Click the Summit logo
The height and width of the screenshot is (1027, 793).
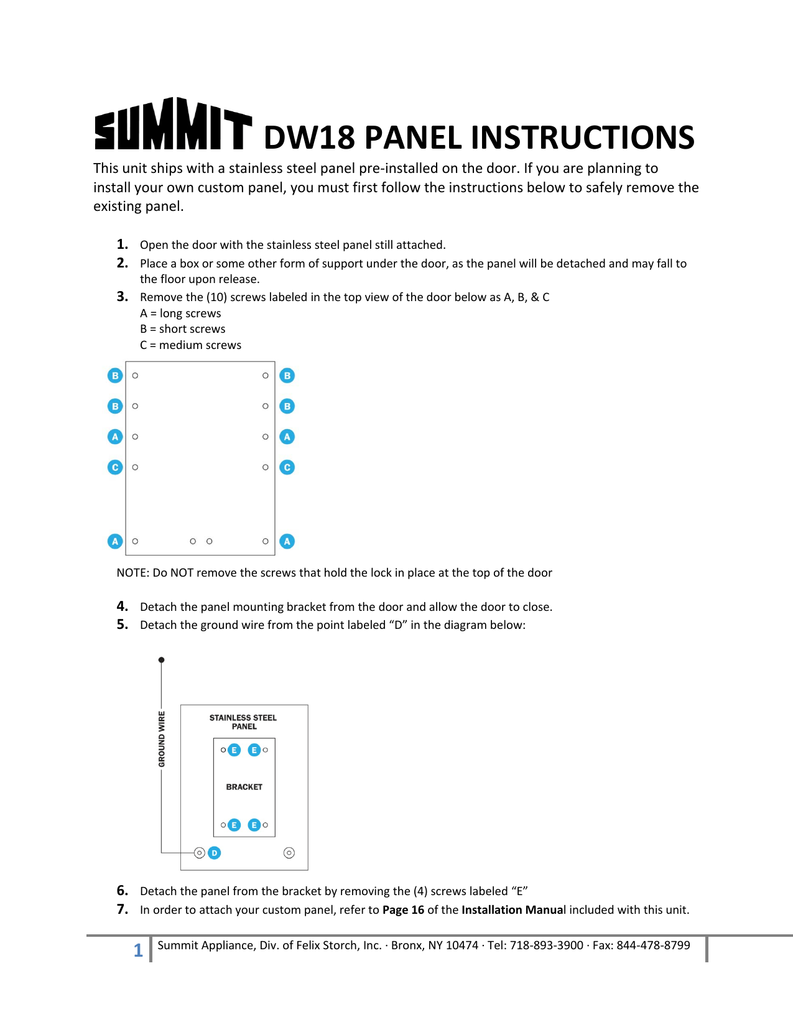coord(173,124)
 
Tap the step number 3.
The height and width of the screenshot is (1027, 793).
coord(123,297)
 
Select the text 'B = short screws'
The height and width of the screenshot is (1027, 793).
coord(182,329)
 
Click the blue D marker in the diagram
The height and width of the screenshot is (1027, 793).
coord(214,853)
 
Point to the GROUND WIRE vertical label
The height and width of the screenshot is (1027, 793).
coord(162,739)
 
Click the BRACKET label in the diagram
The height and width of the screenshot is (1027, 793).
coord(244,787)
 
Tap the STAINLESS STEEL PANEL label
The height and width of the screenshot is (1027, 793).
coord(243,722)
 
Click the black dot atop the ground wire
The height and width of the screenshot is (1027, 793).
coord(162,660)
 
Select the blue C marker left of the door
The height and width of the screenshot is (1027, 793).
coord(115,467)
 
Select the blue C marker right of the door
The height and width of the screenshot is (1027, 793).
coord(287,467)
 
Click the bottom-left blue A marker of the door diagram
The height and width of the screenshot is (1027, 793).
coord(115,541)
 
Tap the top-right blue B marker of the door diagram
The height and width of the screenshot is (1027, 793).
coord(287,376)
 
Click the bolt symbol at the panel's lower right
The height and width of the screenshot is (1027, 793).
coord(289,853)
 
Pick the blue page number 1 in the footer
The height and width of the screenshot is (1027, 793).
coord(138,950)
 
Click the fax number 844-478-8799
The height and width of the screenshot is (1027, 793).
coord(653,946)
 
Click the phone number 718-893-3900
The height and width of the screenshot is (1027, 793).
coord(546,946)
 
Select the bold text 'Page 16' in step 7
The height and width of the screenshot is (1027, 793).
coord(403,910)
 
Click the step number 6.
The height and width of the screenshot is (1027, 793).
coord(123,891)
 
